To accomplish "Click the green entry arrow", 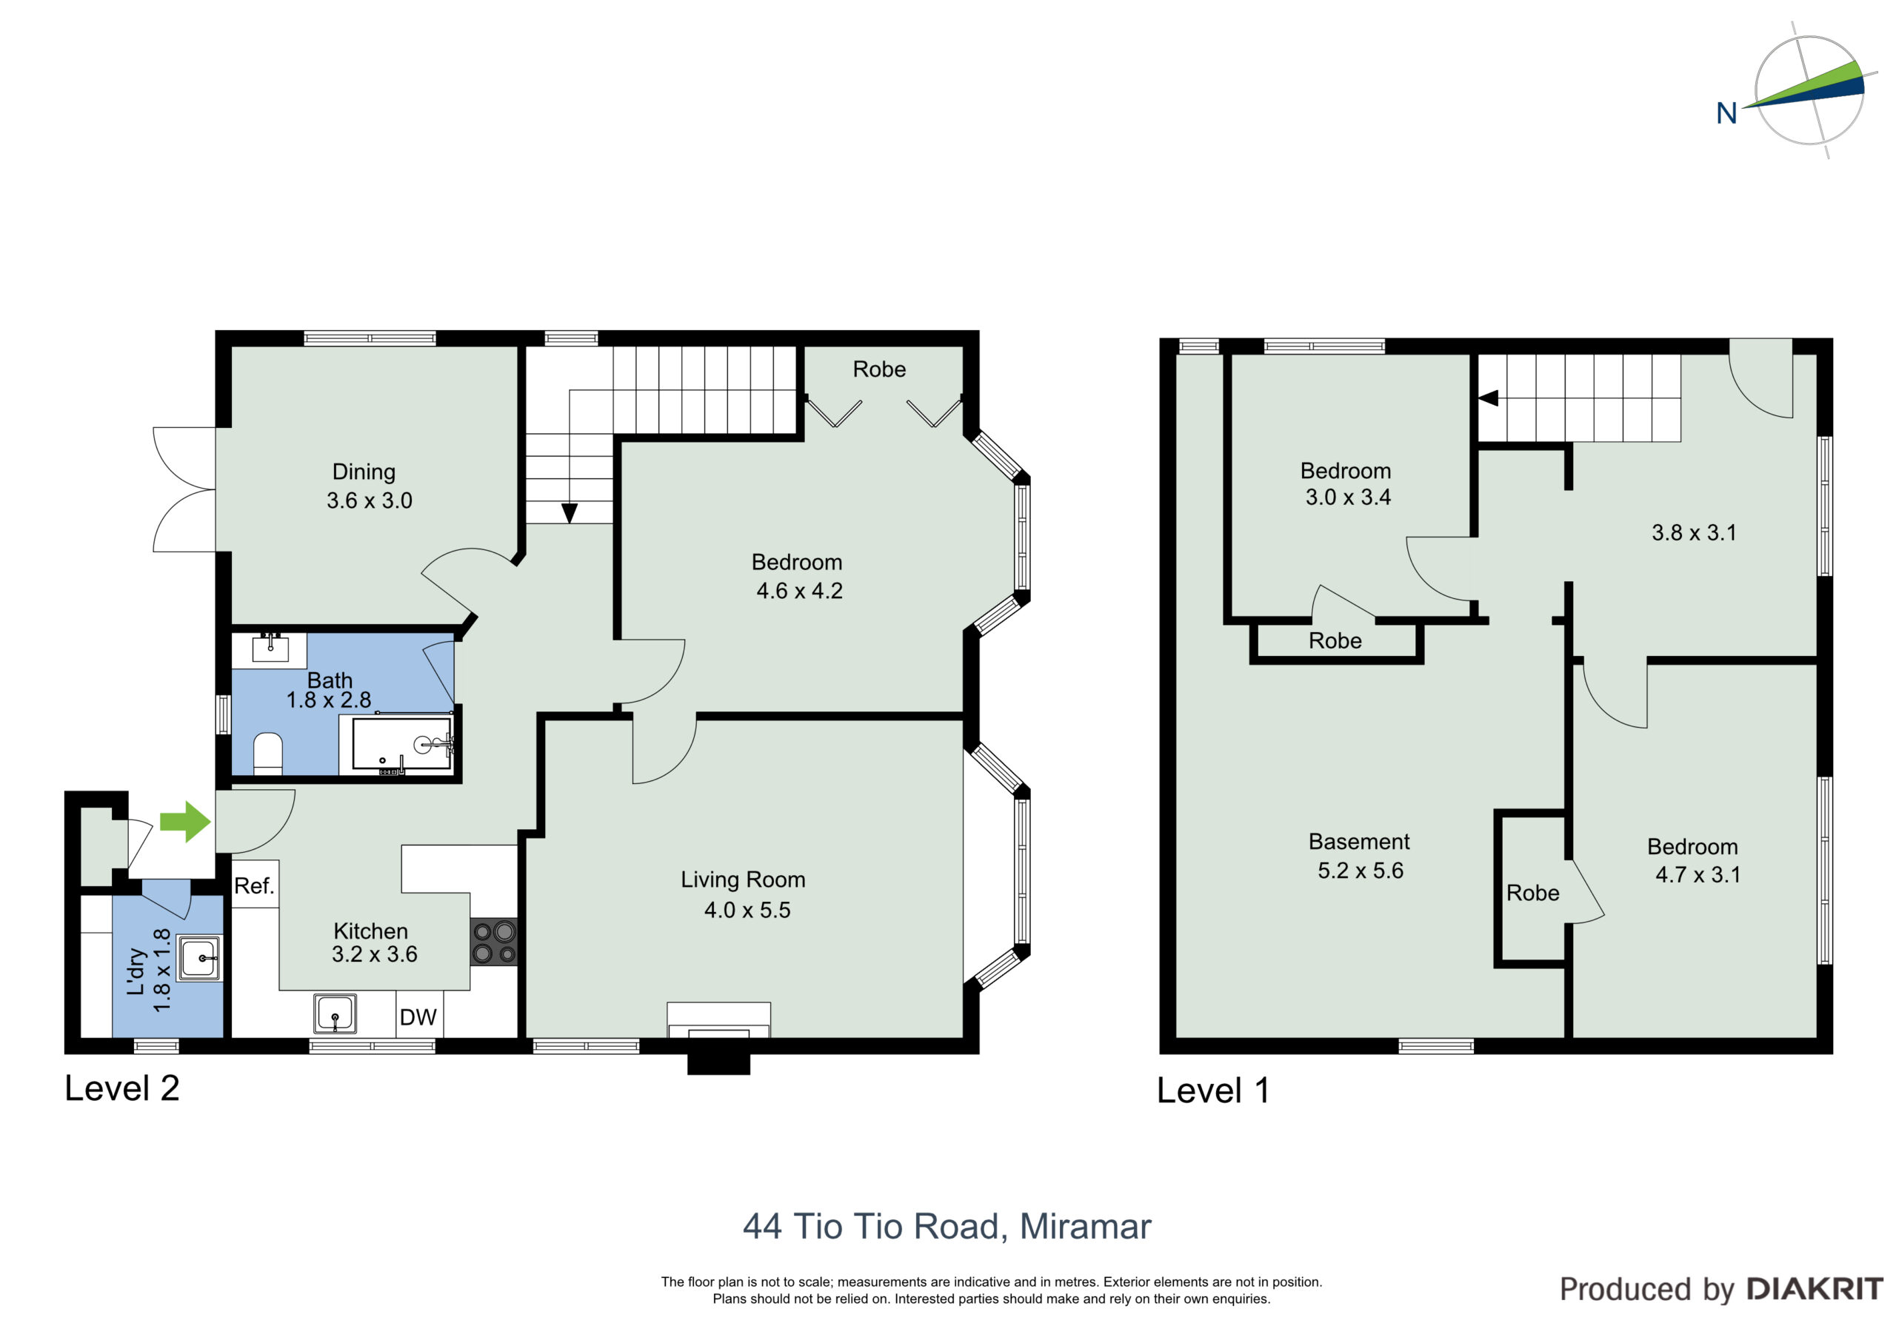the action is click(x=186, y=822).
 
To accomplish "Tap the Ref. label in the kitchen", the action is click(x=253, y=886).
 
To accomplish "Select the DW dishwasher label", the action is click(x=418, y=1017).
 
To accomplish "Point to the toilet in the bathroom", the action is click(x=267, y=753).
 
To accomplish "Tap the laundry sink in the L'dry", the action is click(x=199, y=958).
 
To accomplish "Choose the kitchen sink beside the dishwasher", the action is click(x=335, y=1014).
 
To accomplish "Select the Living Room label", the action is click(x=743, y=880).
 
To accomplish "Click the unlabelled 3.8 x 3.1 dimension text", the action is click(x=1694, y=532).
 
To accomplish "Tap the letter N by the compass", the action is click(x=1726, y=113).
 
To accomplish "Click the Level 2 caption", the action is click(x=122, y=1088).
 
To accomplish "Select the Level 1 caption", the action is click(x=1212, y=1091).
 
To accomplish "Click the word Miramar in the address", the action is click(x=1085, y=1227).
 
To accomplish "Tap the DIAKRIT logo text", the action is click(x=1815, y=1289).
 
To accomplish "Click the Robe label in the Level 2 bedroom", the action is click(x=879, y=369).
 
